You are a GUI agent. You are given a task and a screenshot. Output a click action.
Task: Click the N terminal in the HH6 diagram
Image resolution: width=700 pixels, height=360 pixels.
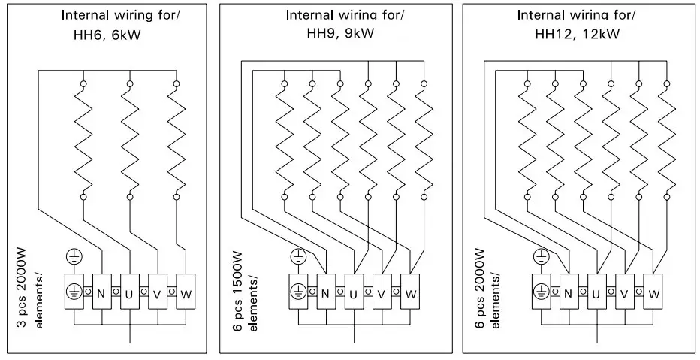101,292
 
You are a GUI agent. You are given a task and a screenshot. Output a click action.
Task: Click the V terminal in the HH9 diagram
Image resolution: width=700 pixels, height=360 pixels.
382,293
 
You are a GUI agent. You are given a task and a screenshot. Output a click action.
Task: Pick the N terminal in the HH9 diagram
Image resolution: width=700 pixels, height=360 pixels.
325,293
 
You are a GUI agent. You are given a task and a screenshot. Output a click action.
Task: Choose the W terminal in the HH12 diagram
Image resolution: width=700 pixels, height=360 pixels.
653,293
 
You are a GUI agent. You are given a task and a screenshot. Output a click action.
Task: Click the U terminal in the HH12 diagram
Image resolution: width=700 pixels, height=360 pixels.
596,293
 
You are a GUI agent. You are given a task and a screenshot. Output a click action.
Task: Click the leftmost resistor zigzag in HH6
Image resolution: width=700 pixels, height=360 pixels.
83,139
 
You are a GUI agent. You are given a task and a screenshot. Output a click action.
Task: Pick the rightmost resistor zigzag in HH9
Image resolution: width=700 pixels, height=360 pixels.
424,139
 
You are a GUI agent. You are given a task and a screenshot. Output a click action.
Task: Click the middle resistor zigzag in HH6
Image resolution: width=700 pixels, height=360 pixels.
130,139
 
